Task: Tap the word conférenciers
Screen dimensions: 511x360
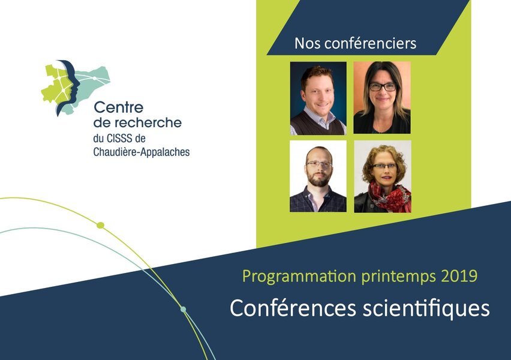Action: click(x=371, y=43)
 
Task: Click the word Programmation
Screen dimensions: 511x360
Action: click(x=299, y=277)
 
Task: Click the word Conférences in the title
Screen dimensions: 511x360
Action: click(x=293, y=308)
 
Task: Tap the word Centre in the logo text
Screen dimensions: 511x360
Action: click(x=119, y=107)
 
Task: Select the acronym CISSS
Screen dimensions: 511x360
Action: click(x=120, y=139)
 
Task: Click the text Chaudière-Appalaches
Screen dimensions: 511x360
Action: click(x=142, y=152)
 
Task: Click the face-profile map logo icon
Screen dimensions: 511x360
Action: click(x=74, y=88)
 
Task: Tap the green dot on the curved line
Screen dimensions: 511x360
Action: click(x=101, y=226)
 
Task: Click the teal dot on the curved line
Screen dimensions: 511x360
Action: click(x=184, y=309)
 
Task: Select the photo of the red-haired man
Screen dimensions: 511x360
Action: click(x=318, y=98)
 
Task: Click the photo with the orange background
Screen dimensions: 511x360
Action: click(x=382, y=97)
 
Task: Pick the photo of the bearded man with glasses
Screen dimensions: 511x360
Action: click(x=318, y=176)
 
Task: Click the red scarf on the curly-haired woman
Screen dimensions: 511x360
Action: click(x=390, y=196)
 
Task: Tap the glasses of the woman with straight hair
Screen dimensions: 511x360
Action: click(x=383, y=87)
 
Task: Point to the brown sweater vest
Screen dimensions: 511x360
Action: click(x=317, y=123)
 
